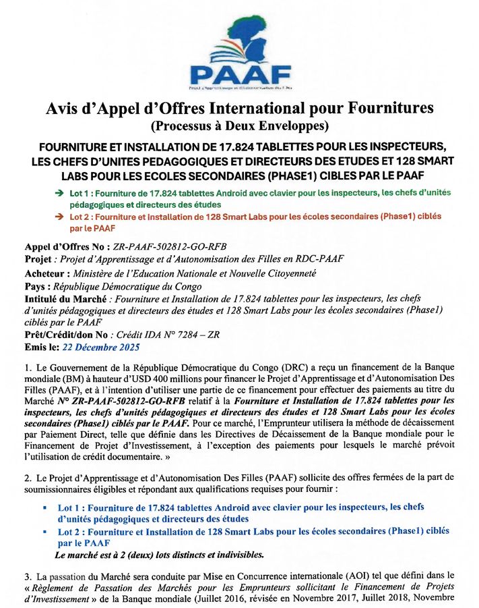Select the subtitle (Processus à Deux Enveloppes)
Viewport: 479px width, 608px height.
pyautogui.click(x=239, y=126)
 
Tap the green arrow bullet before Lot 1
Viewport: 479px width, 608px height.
pyautogui.click(x=59, y=193)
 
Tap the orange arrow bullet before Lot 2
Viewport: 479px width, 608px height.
pyautogui.click(x=59, y=217)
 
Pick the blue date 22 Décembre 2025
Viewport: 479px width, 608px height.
pyautogui.click(x=100, y=348)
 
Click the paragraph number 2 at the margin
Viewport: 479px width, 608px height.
pyautogui.click(x=28, y=477)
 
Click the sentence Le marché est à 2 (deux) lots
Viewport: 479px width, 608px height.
pyautogui.click(x=159, y=555)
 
